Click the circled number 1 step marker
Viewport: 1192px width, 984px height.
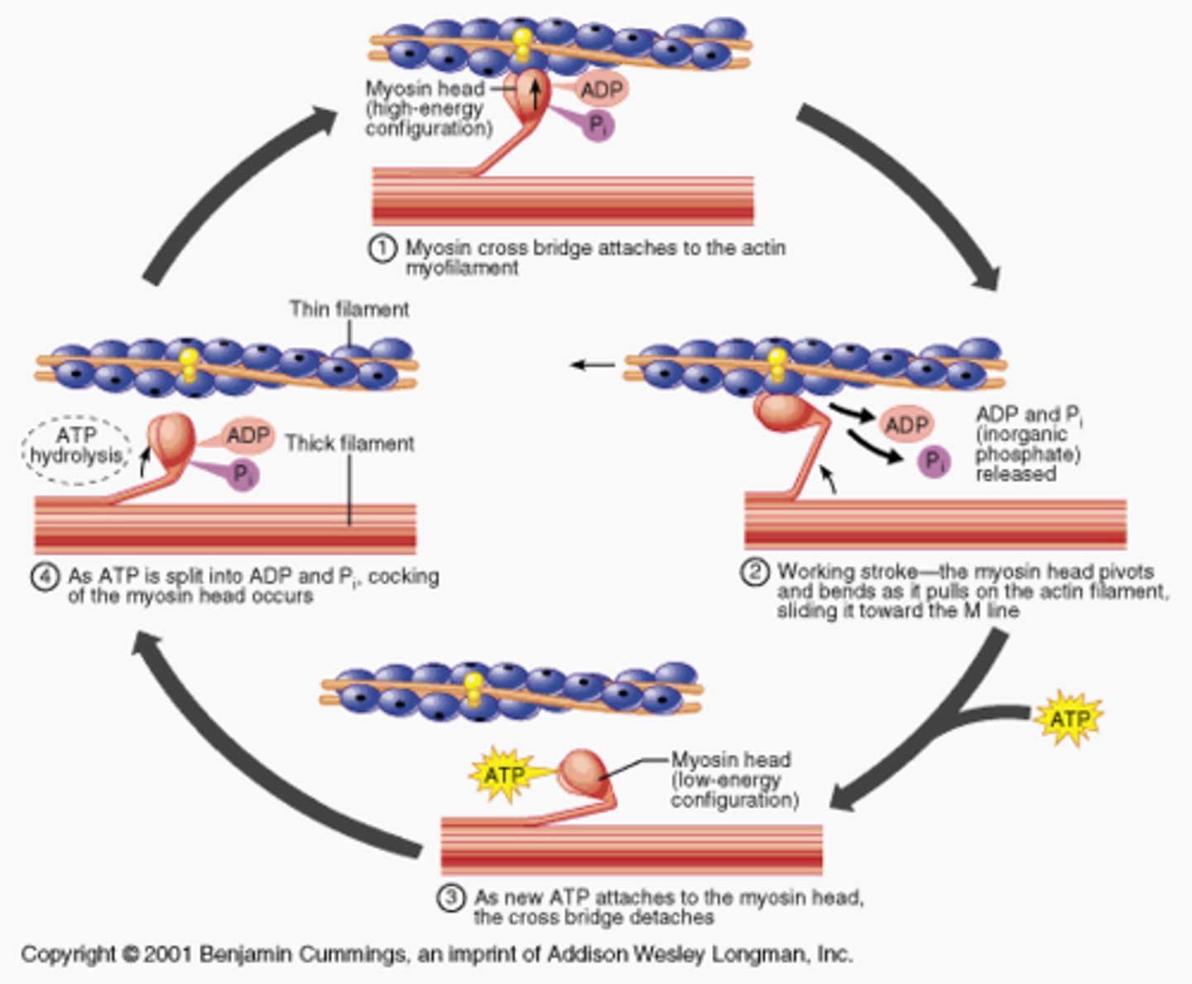pyautogui.click(x=382, y=249)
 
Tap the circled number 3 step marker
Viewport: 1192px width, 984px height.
pyautogui.click(x=451, y=899)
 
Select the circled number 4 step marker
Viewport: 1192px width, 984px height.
pyautogui.click(x=46, y=577)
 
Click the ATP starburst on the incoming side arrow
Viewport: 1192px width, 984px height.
pyautogui.click(x=1068, y=718)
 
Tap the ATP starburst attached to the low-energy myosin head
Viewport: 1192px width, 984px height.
pyautogui.click(x=503, y=775)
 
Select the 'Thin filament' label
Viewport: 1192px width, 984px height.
pyautogui.click(x=348, y=310)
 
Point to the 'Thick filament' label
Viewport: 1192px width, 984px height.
pyautogui.click(x=349, y=444)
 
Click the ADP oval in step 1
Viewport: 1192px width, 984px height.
pyautogui.click(x=601, y=89)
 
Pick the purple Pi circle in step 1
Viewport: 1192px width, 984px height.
pyautogui.click(x=598, y=126)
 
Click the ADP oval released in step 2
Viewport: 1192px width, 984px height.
pyautogui.click(x=906, y=425)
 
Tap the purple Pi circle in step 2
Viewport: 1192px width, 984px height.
pyautogui.click(x=934, y=462)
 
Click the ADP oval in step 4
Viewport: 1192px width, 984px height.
pyautogui.click(x=248, y=436)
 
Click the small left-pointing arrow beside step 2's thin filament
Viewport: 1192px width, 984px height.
pyautogui.click(x=593, y=365)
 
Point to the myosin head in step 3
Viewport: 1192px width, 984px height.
pyautogui.click(x=584, y=771)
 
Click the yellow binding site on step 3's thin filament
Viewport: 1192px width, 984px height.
pyautogui.click(x=473, y=690)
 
